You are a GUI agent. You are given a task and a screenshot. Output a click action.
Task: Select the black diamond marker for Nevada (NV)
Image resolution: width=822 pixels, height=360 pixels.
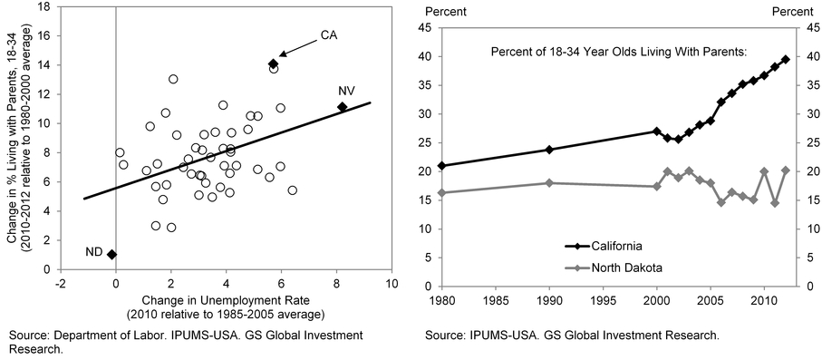(342, 107)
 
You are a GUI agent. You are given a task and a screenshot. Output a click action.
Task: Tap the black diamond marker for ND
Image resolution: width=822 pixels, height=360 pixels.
(111, 255)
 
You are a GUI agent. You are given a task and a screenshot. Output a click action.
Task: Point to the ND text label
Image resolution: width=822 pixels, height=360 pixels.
(92, 251)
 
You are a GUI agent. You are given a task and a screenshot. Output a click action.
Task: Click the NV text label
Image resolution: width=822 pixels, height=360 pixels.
(346, 91)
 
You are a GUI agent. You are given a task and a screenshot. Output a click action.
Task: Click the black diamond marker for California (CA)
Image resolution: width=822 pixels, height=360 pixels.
(273, 63)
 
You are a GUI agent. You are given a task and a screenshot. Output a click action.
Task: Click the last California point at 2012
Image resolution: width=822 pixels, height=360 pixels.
(786, 59)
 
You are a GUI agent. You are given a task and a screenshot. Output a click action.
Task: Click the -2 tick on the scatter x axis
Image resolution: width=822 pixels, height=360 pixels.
(60, 282)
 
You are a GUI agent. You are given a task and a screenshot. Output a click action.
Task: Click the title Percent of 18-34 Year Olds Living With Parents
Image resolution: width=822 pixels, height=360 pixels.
(618, 49)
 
